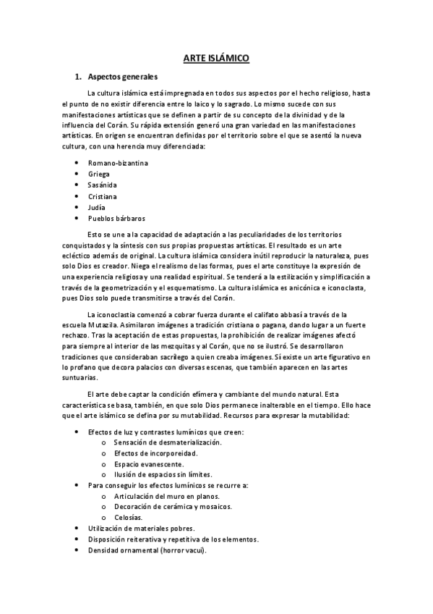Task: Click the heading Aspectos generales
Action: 123,77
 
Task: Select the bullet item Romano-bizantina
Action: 118,163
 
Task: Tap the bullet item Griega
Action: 99,174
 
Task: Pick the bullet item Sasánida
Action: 103,185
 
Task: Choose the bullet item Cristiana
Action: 103,196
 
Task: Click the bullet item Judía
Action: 97,207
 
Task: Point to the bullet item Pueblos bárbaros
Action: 116,218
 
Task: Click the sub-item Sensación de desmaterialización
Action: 168,442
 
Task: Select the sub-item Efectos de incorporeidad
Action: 155,453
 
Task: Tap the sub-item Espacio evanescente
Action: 148,463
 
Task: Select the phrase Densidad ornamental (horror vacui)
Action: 147,550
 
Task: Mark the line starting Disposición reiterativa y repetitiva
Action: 173,539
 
